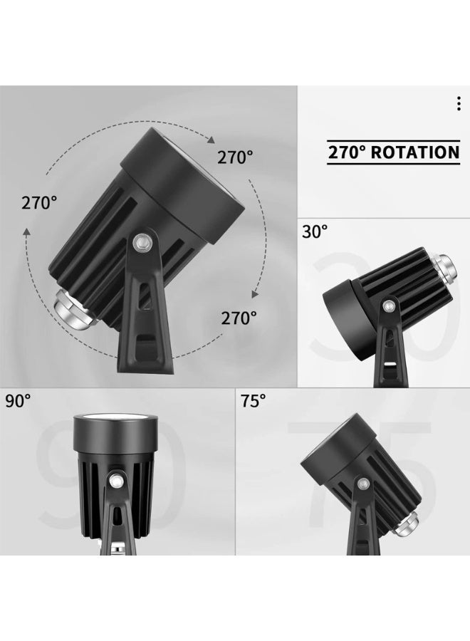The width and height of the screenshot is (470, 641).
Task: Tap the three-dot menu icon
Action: coord(459,104)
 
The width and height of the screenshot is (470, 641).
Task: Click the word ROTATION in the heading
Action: coord(415,152)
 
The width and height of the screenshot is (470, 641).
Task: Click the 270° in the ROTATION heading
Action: coord(347,152)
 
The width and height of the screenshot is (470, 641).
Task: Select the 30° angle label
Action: coord(315,231)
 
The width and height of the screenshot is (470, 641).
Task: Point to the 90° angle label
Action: coord(18,401)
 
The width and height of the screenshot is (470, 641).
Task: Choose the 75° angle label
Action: coord(253,401)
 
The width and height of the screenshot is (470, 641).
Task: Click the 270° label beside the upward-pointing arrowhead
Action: coord(39,203)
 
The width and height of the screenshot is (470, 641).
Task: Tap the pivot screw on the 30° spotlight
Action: coord(388,306)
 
